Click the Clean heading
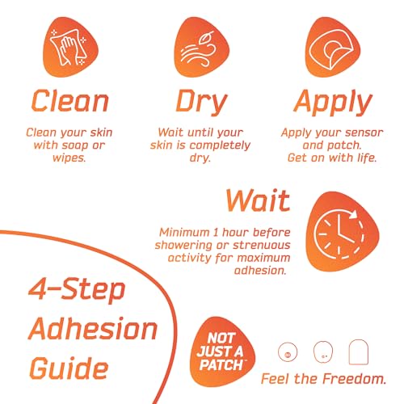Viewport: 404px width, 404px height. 70,101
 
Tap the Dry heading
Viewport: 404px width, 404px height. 201,103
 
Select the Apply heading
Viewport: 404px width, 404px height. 333,103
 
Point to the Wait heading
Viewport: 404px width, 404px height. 258,200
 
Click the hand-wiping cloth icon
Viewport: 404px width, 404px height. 70,48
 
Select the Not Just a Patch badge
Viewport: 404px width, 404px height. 221,351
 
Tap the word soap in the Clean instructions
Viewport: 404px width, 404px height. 75,145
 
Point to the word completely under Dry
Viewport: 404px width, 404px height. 220,145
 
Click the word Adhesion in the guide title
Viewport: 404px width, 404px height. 93,329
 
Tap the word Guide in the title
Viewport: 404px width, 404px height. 69,368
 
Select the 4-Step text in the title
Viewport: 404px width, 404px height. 77,290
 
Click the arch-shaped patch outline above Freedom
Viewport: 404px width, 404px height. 359,351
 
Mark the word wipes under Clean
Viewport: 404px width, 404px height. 69,158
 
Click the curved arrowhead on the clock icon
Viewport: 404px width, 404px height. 354,214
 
